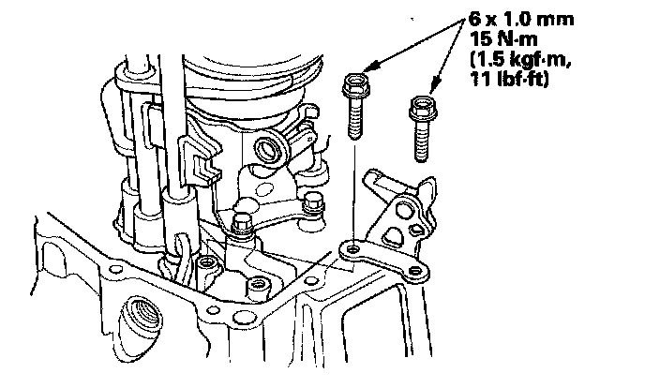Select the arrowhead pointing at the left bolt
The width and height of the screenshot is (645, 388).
pos(371,67)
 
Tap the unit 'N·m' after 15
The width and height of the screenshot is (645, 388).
pos(512,42)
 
